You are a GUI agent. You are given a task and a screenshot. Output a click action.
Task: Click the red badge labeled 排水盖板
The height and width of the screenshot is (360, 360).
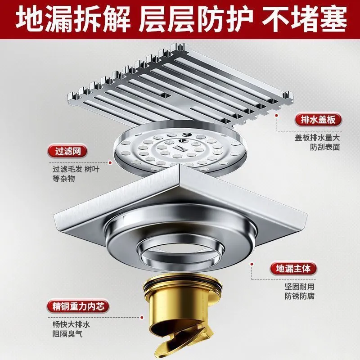(x=318, y=120)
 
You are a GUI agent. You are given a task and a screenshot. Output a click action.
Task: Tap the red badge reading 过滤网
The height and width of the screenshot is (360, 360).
(x=67, y=151)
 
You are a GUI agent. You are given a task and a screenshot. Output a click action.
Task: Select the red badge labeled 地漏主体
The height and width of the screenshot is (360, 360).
(x=293, y=268)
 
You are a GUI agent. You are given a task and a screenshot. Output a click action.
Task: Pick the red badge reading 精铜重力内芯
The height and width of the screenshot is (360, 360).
(x=78, y=306)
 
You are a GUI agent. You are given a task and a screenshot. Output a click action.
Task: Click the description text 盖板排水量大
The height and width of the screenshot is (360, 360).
(x=317, y=138)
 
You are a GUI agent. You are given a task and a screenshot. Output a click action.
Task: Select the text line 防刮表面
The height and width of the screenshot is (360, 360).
(x=324, y=147)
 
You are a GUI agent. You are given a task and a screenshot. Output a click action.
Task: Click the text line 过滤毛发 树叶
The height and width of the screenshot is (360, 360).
(x=76, y=169)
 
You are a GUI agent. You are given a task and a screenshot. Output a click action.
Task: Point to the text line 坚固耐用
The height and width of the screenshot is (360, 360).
(x=299, y=287)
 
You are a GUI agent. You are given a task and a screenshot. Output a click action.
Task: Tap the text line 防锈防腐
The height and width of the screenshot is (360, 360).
(x=299, y=296)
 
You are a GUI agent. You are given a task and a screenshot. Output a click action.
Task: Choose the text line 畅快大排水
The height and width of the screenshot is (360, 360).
(x=71, y=324)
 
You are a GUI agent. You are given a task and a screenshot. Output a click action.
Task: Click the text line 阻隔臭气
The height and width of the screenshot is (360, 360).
(x=67, y=333)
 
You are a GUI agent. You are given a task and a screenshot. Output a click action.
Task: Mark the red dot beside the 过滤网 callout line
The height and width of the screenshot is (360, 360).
(x=110, y=163)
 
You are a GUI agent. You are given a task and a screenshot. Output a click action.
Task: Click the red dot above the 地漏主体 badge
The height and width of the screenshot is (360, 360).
(x=252, y=264)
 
